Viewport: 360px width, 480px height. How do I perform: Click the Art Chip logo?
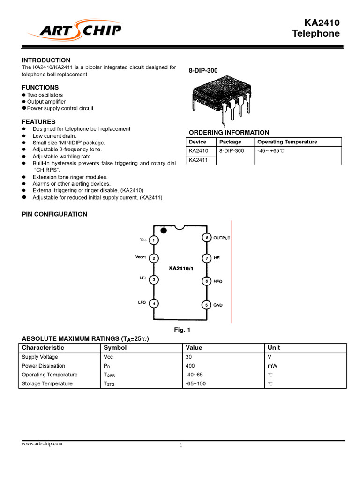tap(75, 31)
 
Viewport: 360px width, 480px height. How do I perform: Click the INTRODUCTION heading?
tap(46, 60)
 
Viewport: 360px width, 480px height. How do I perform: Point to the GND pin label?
tap(218, 305)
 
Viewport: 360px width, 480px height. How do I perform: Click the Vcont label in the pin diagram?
tap(141, 257)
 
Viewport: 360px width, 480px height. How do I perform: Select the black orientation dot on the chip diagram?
tap(164, 230)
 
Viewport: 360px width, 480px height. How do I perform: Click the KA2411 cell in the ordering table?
tap(198, 160)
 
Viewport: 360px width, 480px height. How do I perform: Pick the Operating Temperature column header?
tap(287, 142)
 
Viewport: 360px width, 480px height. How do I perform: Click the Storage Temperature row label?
tap(47, 383)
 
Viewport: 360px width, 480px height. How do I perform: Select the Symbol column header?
tap(115, 348)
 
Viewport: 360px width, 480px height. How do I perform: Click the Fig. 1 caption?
tap(182, 330)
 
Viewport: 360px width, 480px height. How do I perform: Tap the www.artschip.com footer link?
tap(42, 443)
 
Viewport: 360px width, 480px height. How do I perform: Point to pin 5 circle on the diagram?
tap(206, 305)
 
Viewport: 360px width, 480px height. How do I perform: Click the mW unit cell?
tap(272, 366)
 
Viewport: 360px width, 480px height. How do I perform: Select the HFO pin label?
tap(218, 281)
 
